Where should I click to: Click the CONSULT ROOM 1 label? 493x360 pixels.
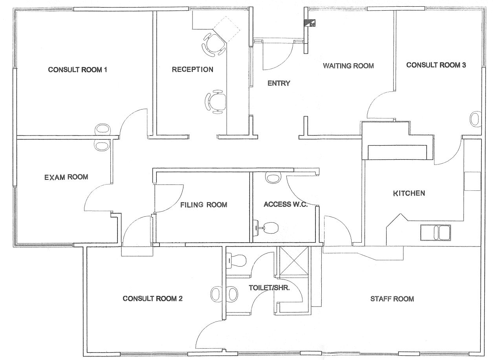tap(77, 70)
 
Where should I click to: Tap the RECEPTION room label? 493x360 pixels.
tap(192, 69)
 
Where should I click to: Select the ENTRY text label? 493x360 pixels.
tap(279, 83)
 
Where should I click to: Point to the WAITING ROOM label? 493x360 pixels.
tap(348, 66)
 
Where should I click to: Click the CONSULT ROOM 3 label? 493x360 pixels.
tap(436, 65)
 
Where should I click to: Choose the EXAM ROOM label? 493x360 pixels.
tap(66, 177)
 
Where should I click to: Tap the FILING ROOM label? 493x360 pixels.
tap(204, 205)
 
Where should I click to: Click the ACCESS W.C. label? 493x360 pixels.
tap(286, 204)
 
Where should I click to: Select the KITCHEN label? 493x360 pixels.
tap(409, 193)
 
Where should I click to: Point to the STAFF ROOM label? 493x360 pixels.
tap(392, 299)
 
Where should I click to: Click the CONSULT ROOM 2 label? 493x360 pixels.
tap(152, 298)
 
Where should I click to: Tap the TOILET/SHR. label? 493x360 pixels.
tap(269, 288)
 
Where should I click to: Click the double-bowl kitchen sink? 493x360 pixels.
tap(436, 233)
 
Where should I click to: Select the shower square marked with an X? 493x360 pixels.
tap(294, 261)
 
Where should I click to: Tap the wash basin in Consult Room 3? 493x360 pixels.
tap(475, 119)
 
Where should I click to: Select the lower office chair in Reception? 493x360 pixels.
tap(216, 102)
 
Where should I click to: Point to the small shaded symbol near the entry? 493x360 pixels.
tap(310, 23)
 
